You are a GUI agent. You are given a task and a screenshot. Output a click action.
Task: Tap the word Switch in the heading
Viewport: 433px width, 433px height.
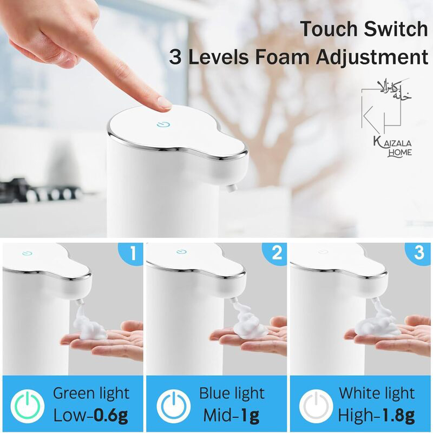[x=396, y=29]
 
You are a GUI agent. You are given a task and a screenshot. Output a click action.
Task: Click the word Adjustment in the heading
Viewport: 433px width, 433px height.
[x=372, y=57]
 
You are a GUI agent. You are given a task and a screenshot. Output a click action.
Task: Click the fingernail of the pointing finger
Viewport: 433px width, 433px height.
[x=165, y=102]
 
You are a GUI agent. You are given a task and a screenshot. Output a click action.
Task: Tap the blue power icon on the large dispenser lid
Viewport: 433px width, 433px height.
[x=163, y=124]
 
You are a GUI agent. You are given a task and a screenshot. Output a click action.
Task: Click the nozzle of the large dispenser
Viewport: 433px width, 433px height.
[x=232, y=188]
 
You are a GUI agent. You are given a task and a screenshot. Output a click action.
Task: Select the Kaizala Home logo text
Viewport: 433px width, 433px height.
[x=392, y=147]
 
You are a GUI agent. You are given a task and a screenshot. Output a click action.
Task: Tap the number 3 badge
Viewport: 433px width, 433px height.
[x=419, y=252]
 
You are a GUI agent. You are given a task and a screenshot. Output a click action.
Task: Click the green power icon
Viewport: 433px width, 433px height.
[x=28, y=406]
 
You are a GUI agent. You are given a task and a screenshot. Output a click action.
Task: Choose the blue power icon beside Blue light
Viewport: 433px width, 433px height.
[x=173, y=406]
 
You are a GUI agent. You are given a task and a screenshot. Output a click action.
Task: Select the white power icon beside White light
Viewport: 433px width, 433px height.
[x=316, y=406]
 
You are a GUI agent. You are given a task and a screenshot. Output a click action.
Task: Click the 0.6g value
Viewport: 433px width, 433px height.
[x=110, y=415]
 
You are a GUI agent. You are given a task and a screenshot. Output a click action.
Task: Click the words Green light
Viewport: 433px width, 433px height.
[x=91, y=393]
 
